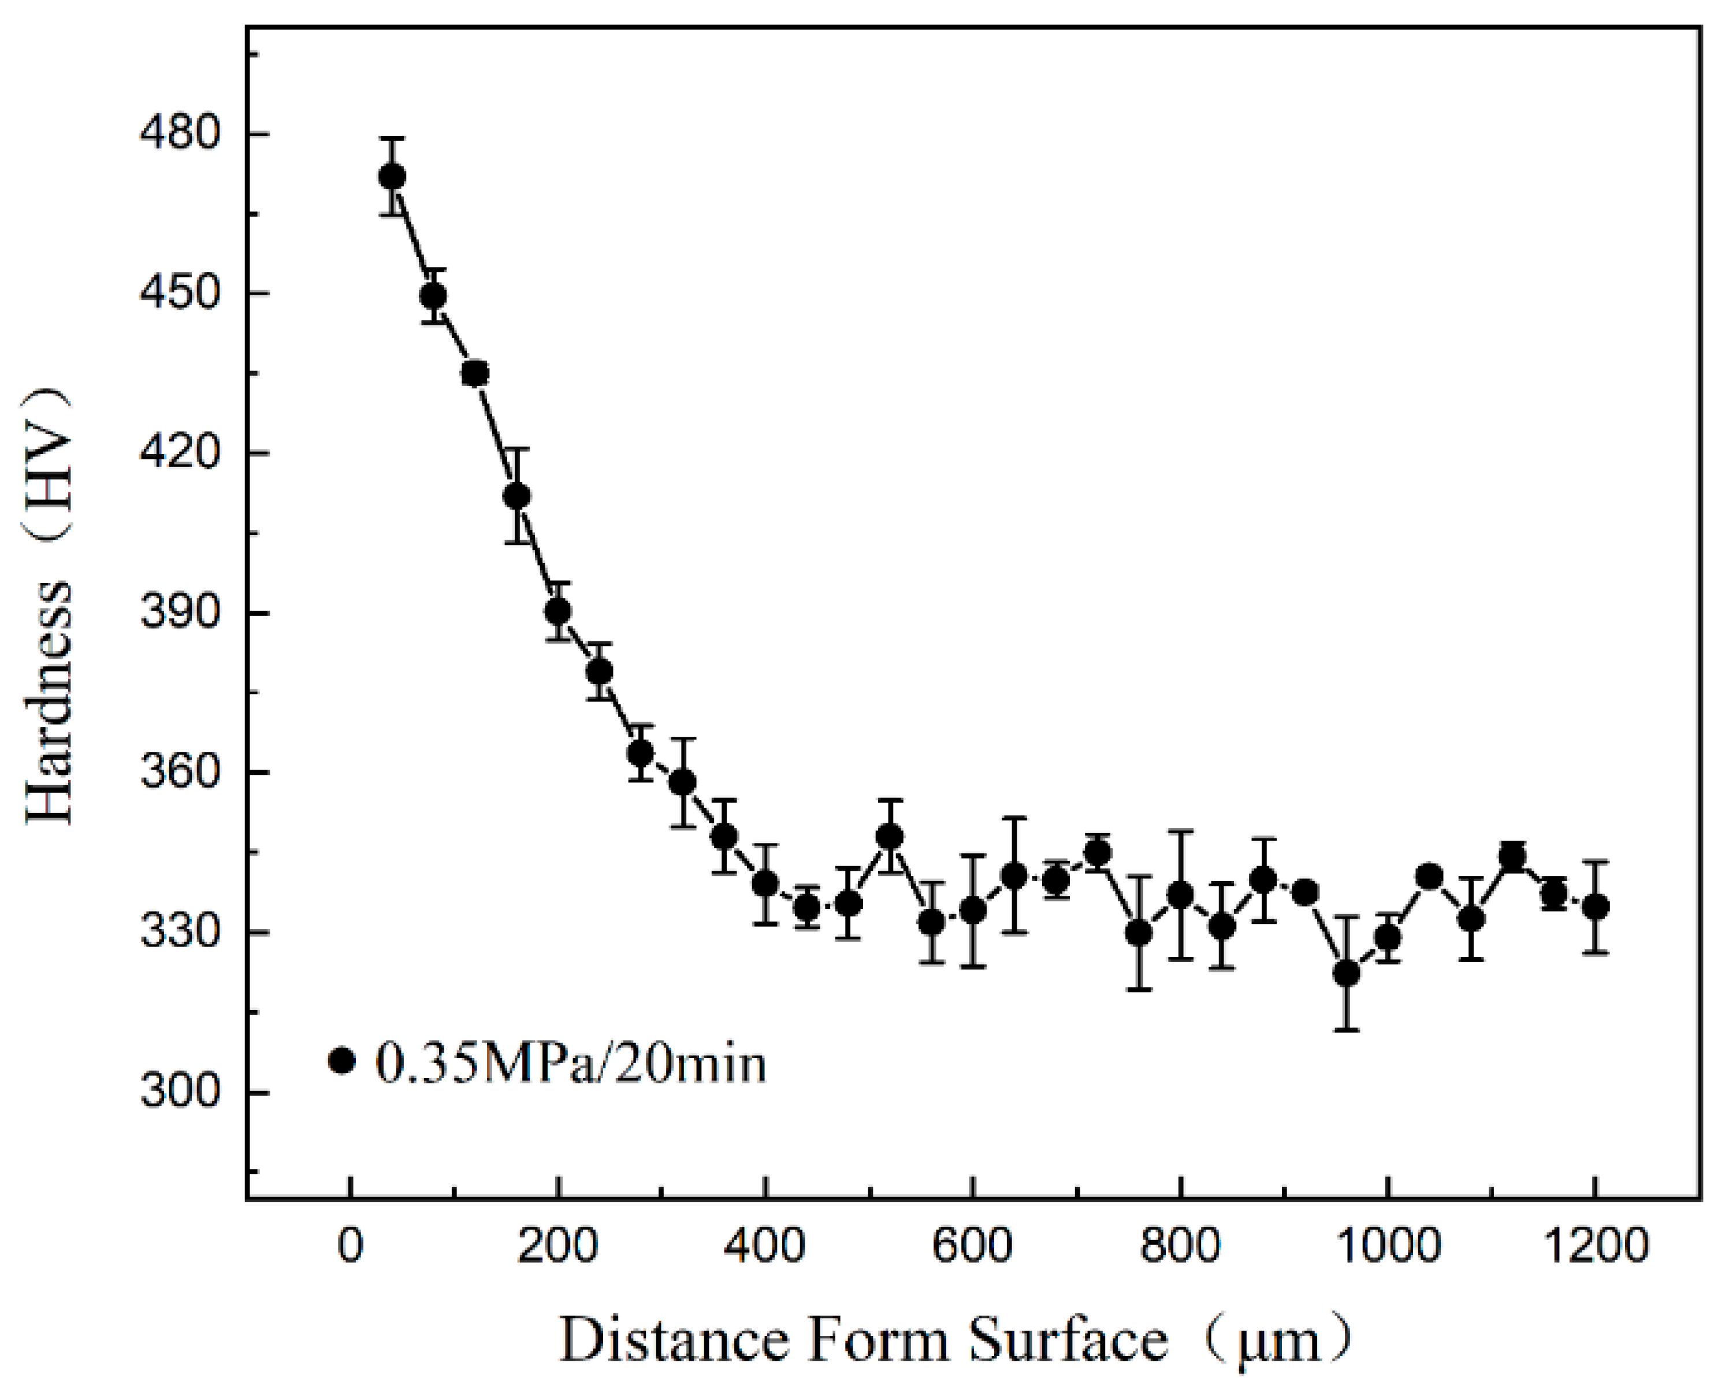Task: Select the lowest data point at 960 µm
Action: pyautogui.click(x=1347, y=973)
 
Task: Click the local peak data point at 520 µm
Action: pyautogui.click(x=890, y=837)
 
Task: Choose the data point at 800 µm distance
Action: pyautogui.click(x=1180, y=894)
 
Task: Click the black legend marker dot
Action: pyautogui.click(x=341, y=1061)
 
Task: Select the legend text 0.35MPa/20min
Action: pyautogui.click(x=570, y=1063)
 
